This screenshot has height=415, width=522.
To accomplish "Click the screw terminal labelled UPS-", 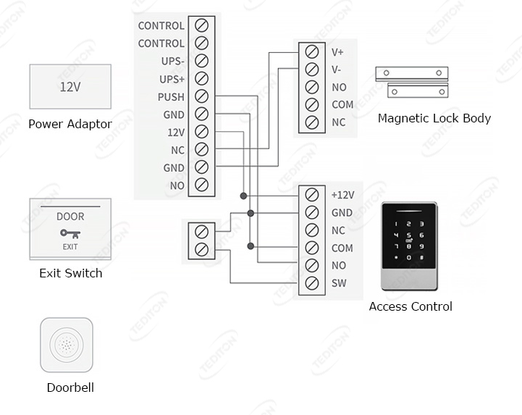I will point(202,61).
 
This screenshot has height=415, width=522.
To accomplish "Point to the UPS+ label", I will point(172,79).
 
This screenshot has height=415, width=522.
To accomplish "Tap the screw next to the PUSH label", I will point(202,96).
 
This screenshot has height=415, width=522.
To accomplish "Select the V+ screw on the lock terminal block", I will point(312,52).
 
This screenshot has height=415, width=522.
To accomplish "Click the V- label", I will point(337,70).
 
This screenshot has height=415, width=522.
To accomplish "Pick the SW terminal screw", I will point(312,283).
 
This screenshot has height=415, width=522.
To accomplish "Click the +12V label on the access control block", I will point(342,195).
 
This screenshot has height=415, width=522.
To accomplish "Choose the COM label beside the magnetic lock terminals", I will point(342,105).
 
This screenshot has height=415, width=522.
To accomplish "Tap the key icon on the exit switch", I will point(70,234).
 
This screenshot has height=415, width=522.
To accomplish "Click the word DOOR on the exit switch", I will point(70,217).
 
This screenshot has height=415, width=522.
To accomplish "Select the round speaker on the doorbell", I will point(67,345).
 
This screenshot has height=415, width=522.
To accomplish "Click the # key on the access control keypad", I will point(421,258).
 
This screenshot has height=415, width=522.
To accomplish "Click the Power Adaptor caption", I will point(70,124).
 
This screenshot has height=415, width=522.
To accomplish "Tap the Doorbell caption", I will point(70,387).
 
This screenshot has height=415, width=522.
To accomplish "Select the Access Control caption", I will point(411,306).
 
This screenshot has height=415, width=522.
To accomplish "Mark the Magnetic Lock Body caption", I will point(434,118).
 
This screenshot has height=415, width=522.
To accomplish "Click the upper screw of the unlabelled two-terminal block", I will point(202,232).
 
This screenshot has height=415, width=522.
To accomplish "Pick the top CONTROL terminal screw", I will point(202,25).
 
